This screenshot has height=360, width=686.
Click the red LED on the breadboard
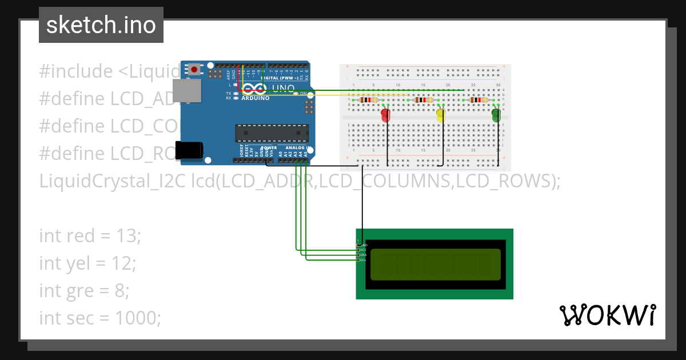tap(386, 115)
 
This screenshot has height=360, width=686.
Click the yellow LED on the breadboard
tap(441, 115)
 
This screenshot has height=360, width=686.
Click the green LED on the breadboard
tap(496, 115)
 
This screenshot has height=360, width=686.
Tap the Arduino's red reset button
tap(194, 70)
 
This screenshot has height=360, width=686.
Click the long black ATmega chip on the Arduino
tap(272, 133)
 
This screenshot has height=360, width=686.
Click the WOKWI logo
tap(607, 315)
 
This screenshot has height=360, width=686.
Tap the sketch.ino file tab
tap(101, 25)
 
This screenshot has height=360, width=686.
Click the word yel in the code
tap(80, 263)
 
